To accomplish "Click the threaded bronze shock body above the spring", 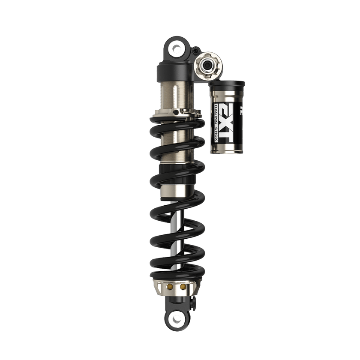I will [176, 94].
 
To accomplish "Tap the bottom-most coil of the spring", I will [176, 274].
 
